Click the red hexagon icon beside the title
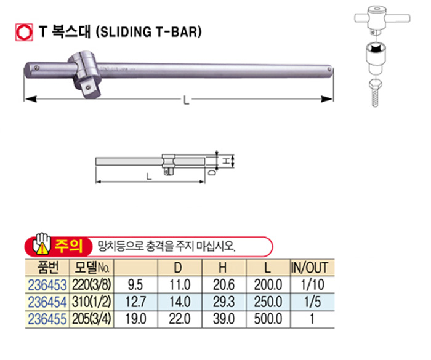coord(24,33)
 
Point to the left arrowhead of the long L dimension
coord(30,98)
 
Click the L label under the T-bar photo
coord(186,100)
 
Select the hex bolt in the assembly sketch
coord(374,92)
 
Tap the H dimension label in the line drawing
coord(226,161)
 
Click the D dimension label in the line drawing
coord(212,172)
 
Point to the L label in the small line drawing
coord(149,176)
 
